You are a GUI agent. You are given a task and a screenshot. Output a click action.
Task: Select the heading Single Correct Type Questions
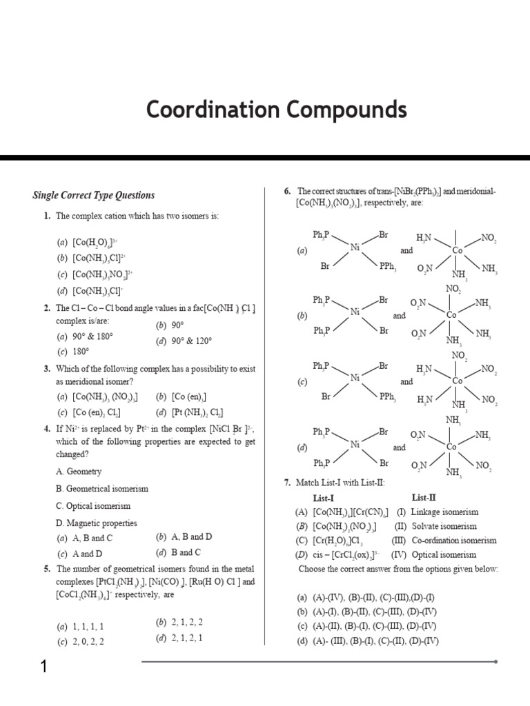click(x=94, y=195)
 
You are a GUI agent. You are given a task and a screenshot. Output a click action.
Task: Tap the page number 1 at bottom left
click(x=43, y=667)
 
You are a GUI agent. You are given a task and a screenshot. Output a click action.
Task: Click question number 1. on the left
click(x=46, y=216)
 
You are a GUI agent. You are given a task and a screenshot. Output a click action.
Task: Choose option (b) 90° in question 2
click(x=170, y=325)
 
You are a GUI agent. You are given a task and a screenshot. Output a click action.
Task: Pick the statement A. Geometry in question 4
click(x=78, y=472)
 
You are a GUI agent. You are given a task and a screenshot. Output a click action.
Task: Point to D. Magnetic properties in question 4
click(x=96, y=523)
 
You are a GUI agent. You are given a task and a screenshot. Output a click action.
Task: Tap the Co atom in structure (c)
click(x=457, y=380)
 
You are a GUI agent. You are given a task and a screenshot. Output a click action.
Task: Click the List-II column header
click(x=424, y=497)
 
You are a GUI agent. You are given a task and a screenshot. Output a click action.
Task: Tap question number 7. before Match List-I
click(x=287, y=483)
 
